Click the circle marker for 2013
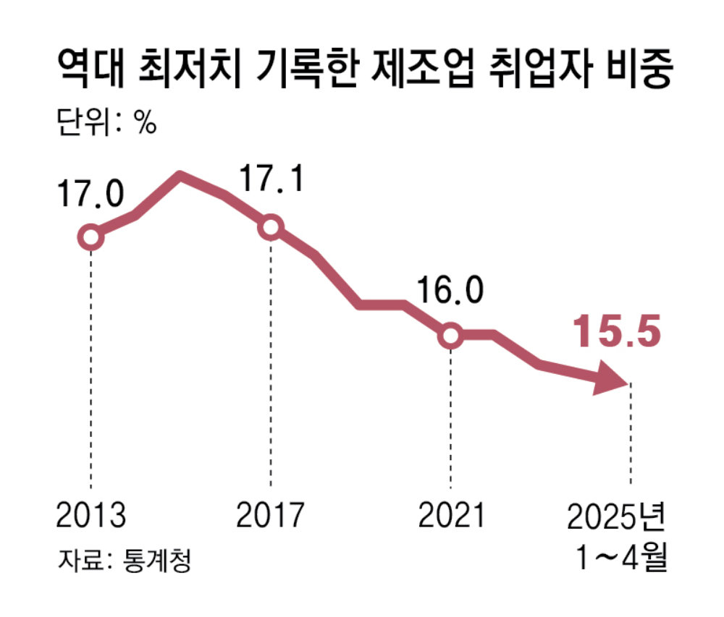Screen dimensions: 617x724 (90, 237)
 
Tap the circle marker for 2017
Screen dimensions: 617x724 (271, 227)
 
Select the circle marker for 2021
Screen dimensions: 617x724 (450, 335)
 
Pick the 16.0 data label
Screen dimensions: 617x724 (450, 292)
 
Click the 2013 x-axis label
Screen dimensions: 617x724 (90, 516)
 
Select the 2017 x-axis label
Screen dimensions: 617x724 (271, 516)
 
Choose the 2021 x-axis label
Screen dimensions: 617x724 (450, 516)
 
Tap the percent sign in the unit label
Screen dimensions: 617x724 (145, 124)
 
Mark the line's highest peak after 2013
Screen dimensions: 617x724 (180, 176)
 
